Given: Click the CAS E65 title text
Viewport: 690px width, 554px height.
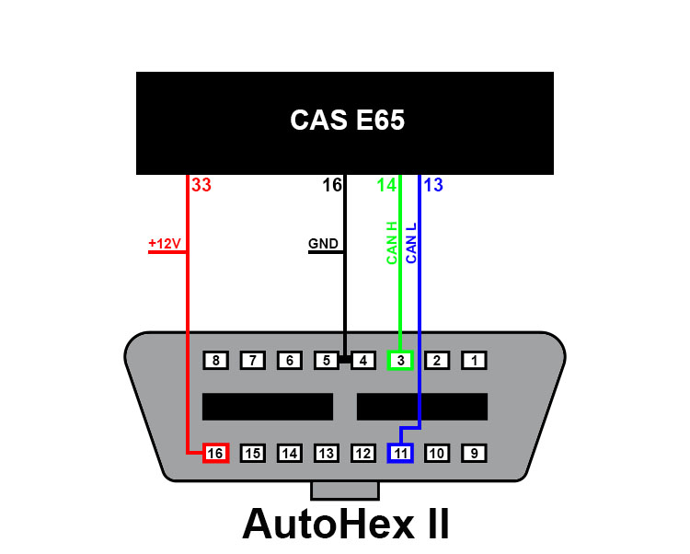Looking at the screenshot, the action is click(347, 120).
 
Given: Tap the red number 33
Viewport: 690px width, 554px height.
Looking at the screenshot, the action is click(201, 185).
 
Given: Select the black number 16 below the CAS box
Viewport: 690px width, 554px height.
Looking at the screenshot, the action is click(332, 185).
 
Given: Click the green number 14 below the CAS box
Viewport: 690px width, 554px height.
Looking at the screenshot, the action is click(386, 185).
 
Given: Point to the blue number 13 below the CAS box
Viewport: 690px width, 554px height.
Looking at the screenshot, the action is click(433, 185).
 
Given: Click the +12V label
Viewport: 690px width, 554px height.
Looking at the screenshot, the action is click(165, 243).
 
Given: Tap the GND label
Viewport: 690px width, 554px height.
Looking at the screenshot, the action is click(323, 243).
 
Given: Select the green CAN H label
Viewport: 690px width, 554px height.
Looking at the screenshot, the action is click(392, 243).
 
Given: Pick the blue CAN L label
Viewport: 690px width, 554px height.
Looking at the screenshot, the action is click(411, 243).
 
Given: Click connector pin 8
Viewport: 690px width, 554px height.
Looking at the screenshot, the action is click(215, 361).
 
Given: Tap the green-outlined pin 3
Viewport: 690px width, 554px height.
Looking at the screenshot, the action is click(400, 361).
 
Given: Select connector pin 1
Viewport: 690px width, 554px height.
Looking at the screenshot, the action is click(474, 361).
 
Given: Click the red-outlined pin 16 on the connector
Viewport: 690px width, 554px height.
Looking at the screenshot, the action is click(215, 454).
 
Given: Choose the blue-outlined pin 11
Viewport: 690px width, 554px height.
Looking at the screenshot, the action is click(400, 454).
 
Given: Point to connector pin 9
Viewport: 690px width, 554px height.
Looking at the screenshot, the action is click(474, 454).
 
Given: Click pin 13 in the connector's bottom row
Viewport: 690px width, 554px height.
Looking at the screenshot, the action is click(326, 454).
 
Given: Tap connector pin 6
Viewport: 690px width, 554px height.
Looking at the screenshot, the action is click(290, 361).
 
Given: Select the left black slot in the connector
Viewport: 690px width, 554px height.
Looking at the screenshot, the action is click(268, 407).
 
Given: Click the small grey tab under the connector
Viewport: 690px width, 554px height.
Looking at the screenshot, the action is click(345, 491).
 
